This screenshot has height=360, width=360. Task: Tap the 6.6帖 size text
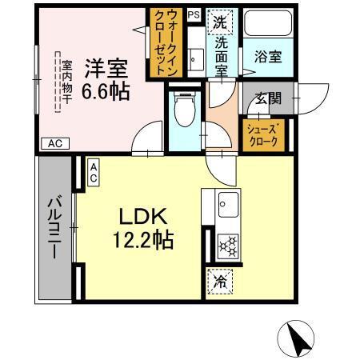[106, 91]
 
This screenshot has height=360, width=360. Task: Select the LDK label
[143, 217]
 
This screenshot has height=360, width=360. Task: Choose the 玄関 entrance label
[267, 99]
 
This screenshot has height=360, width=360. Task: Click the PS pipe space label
[194, 14]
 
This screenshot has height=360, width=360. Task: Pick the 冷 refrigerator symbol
[219, 282]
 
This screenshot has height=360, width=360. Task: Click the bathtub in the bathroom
[267, 24]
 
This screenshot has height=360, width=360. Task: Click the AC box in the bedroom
[54, 143]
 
